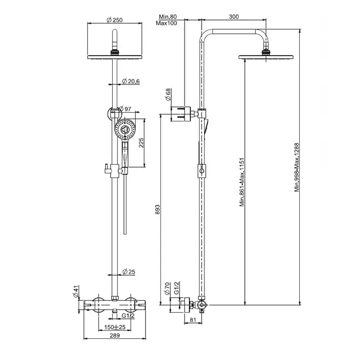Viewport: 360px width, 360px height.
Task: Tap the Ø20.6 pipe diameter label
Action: (x=132, y=81)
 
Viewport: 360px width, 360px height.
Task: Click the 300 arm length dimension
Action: (x=234, y=17)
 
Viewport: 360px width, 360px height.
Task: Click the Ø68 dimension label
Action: (x=168, y=95)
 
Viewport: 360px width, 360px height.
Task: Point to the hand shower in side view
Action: (x=206, y=127)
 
